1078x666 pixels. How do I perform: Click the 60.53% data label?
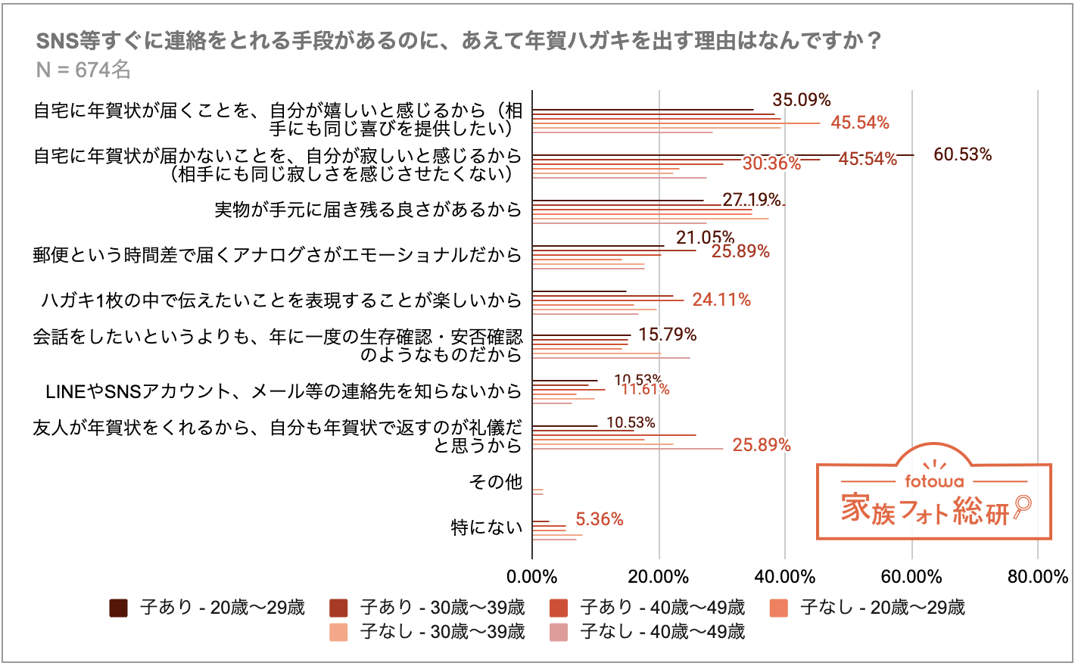[962, 154]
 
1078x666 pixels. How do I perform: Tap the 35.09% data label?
[801, 100]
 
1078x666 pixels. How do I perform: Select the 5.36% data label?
[599, 519]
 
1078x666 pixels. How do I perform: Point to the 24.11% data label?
[721, 300]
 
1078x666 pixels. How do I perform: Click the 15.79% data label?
[667, 335]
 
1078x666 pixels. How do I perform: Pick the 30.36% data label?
[771, 163]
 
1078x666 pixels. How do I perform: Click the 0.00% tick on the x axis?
[532, 577]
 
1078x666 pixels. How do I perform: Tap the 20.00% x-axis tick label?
[659, 577]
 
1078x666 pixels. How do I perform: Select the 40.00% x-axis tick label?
[785, 577]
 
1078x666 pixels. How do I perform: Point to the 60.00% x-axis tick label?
[911, 577]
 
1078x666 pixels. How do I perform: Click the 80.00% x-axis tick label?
[1037, 577]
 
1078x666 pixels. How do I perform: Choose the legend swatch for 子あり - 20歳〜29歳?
[119, 608]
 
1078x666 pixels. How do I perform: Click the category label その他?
[496, 481]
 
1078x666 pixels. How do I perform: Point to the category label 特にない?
[487, 527]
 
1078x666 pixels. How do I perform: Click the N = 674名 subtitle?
[83, 70]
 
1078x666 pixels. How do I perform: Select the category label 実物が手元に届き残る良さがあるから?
[368, 209]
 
